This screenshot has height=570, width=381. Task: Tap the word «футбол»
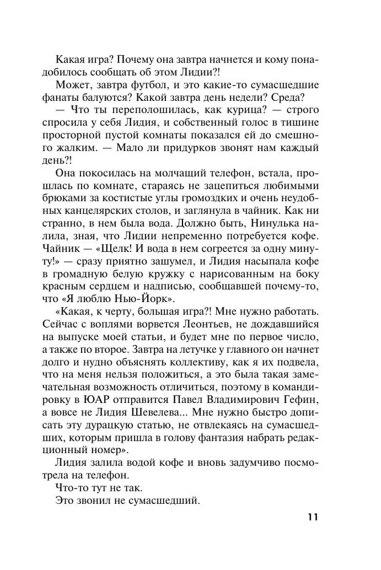click(x=148, y=82)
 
